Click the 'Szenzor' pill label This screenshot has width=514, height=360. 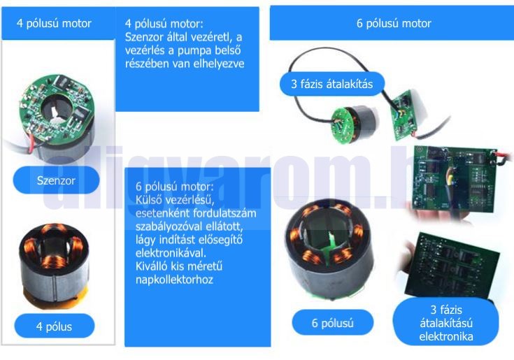[x=56, y=180]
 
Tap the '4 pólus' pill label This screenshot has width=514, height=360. [x=55, y=326]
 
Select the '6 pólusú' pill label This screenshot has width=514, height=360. [x=332, y=323]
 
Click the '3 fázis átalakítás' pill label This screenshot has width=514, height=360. [x=331, y=84]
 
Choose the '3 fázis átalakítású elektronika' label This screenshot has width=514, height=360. [x=446, y=323]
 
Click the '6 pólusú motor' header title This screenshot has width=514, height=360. [x=394, y=23]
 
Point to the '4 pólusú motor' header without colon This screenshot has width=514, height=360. [x=54, y=23]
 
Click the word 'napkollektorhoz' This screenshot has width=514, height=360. [x=174, y=280]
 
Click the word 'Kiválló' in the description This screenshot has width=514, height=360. [x=151, y=266]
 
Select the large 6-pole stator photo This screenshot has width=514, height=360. [x=329, y=248]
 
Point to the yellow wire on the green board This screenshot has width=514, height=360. [x=450, y=177]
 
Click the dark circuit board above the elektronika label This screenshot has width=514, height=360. [x=452, y=266]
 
